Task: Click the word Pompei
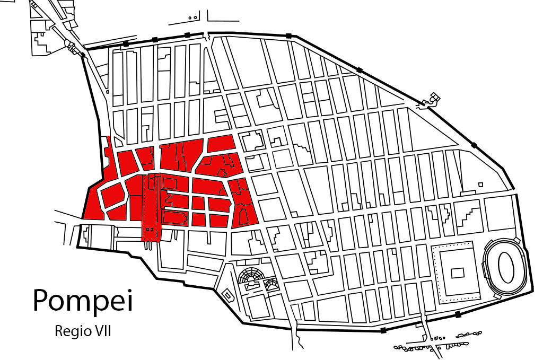click(82, 300)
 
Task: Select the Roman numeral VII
click(100, 331)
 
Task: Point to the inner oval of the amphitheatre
click(506, 265)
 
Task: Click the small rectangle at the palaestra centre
click(457, 273)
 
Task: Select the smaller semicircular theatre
click(272, 284)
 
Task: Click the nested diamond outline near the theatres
click(227, 294)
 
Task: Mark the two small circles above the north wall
click(193, 17)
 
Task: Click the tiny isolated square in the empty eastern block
click(480, 185)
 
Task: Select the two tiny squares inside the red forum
click(150, 229)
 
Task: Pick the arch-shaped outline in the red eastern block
click(244, 216)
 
